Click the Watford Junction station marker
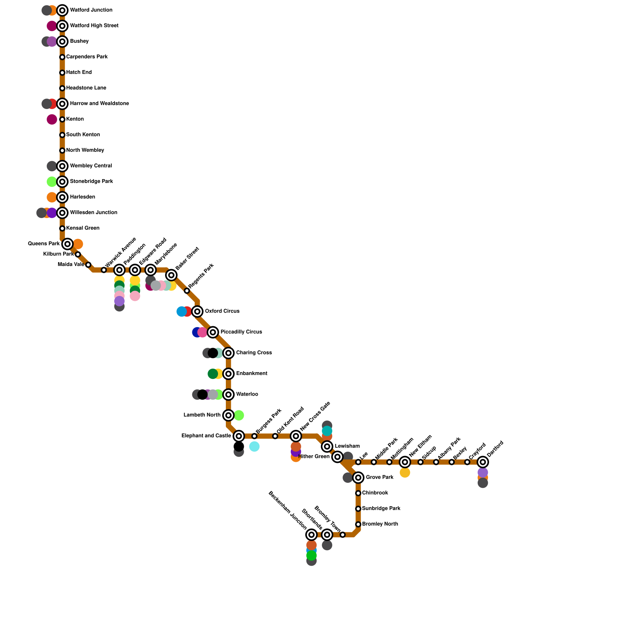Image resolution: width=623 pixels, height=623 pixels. pyautogui.click(x=62, y=11)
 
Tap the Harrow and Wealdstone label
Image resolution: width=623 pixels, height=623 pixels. pyautogui.click(x=99, y=104)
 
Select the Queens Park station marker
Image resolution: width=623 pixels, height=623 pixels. pyautogui.click(x=68, y=244)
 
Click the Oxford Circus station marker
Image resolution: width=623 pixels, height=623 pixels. pyautogui.click(x=197, y=311)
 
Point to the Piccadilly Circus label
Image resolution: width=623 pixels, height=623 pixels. pyautogui.click(x=241, y=332)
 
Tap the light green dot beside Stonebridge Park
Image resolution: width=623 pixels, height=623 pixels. pyautogui.click(x=52, y=181)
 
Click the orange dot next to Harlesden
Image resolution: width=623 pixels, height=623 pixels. pyautogui.click(x=52, y=197)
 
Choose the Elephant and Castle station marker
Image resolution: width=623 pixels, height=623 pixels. pyautogui.click(x=239, y=436)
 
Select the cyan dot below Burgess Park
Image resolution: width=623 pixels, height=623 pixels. pyautogui.click(x=255, y=447)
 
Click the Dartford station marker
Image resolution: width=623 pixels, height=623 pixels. pyautogui.click(x=483, y=462)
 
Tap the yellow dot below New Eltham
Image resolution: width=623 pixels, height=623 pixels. pyautogui.click(x=405, y=472)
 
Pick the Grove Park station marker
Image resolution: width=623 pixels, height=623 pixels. pyautogui.click(x=358, y=477)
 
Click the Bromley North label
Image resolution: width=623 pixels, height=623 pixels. pyautogui.click(x=380, y=524)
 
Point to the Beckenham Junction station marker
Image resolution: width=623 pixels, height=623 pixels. pyautogui.click(x=311, y=535)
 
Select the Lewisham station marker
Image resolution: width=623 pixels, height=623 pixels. pyautogui.click(x=327, y=446)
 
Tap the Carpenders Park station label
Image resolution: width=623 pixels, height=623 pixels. pyautogui.click(x=87, y=57)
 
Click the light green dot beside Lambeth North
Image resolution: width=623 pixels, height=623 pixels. pyautogui.click(x=239, y=415)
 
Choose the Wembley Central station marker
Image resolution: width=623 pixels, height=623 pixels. pyautogui.click(x=62, y=166)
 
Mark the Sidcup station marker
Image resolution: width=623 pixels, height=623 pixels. pyautogui.click(x=421, y=462)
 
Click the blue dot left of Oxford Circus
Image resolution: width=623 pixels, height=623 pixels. pyautogui.click(x=181, y=311)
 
